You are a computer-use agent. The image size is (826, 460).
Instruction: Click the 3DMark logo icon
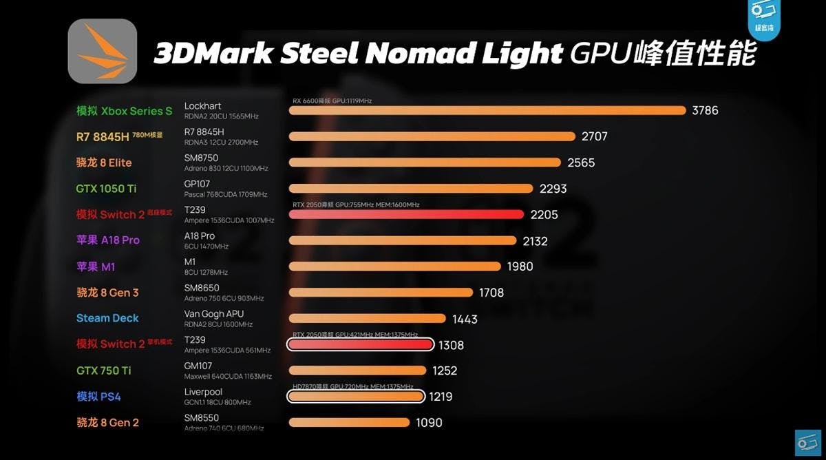click(x=102, y=52)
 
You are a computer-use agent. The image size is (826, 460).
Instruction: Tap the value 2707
click(x=594, y=136)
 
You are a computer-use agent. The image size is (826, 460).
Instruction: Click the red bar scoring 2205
click(x=406, y=214)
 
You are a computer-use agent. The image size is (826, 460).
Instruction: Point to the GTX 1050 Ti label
click(x=107, y=188)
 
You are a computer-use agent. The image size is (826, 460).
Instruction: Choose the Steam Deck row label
click(x=107, y=318)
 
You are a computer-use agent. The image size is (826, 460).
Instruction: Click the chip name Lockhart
click(x=203, y=106)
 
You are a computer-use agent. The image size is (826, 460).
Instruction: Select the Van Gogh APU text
click(x=214, y=314)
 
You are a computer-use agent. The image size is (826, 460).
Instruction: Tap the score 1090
click(x=429, y=423)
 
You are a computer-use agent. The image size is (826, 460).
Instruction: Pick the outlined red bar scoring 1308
click(x=359, y=344)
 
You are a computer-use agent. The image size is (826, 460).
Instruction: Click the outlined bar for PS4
click(x=355, y=397)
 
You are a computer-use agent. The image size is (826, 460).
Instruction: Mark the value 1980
click(x=520, y=266)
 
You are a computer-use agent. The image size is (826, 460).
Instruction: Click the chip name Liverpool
click(x=204, y=393)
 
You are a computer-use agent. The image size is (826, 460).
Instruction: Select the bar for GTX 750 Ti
click(x=357, y=370)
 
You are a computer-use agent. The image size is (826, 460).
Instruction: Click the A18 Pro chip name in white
click(x=200, y=236)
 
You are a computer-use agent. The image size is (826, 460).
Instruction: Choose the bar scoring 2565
click(x=425, y=163)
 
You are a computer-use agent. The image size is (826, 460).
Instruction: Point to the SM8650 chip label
click(x=202, y=289)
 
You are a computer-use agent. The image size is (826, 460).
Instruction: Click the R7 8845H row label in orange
click(x=103, y=136)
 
